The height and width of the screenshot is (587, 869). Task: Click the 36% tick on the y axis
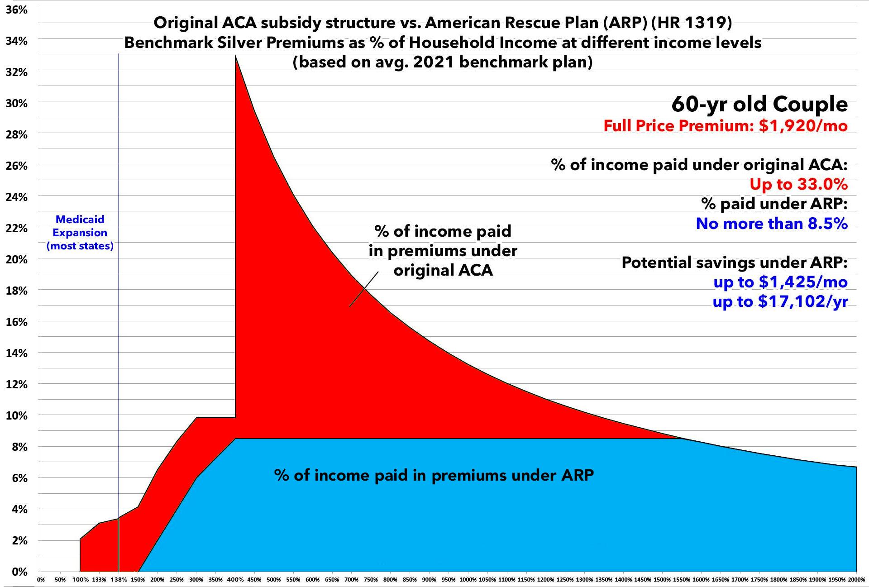(x=17, y=10)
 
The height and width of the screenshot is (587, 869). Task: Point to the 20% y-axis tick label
(x=17, y=260)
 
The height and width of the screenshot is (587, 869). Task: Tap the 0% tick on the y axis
(x=19, y=572)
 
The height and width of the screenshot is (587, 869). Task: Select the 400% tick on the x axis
(x=235, y=580)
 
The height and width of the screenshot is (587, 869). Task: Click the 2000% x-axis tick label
(x=856, y=580)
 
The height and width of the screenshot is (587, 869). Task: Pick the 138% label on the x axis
(x=119, y=580)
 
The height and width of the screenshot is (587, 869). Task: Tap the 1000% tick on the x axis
(x=468, y=580)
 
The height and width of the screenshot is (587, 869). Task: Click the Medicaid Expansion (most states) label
(x=80, y=233)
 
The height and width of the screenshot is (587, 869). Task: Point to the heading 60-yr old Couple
(x=759, y=104)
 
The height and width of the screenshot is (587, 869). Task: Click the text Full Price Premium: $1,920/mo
(x=725, y=126)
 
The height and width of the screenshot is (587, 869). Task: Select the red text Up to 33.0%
(x=798, y=184)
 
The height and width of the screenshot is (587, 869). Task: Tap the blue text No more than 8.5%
(x=771, y=224)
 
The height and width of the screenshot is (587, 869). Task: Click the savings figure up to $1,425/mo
(x=780, y=282)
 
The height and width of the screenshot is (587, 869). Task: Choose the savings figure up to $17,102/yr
(x=780, y=301)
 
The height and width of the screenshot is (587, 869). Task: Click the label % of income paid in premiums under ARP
(x=434, y=475)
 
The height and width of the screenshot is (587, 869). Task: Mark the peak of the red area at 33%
(x=236, y=57)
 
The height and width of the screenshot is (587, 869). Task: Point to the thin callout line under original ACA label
(x=364, y=289)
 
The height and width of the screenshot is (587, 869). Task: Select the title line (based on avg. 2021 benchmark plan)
(x=442, y=62)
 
